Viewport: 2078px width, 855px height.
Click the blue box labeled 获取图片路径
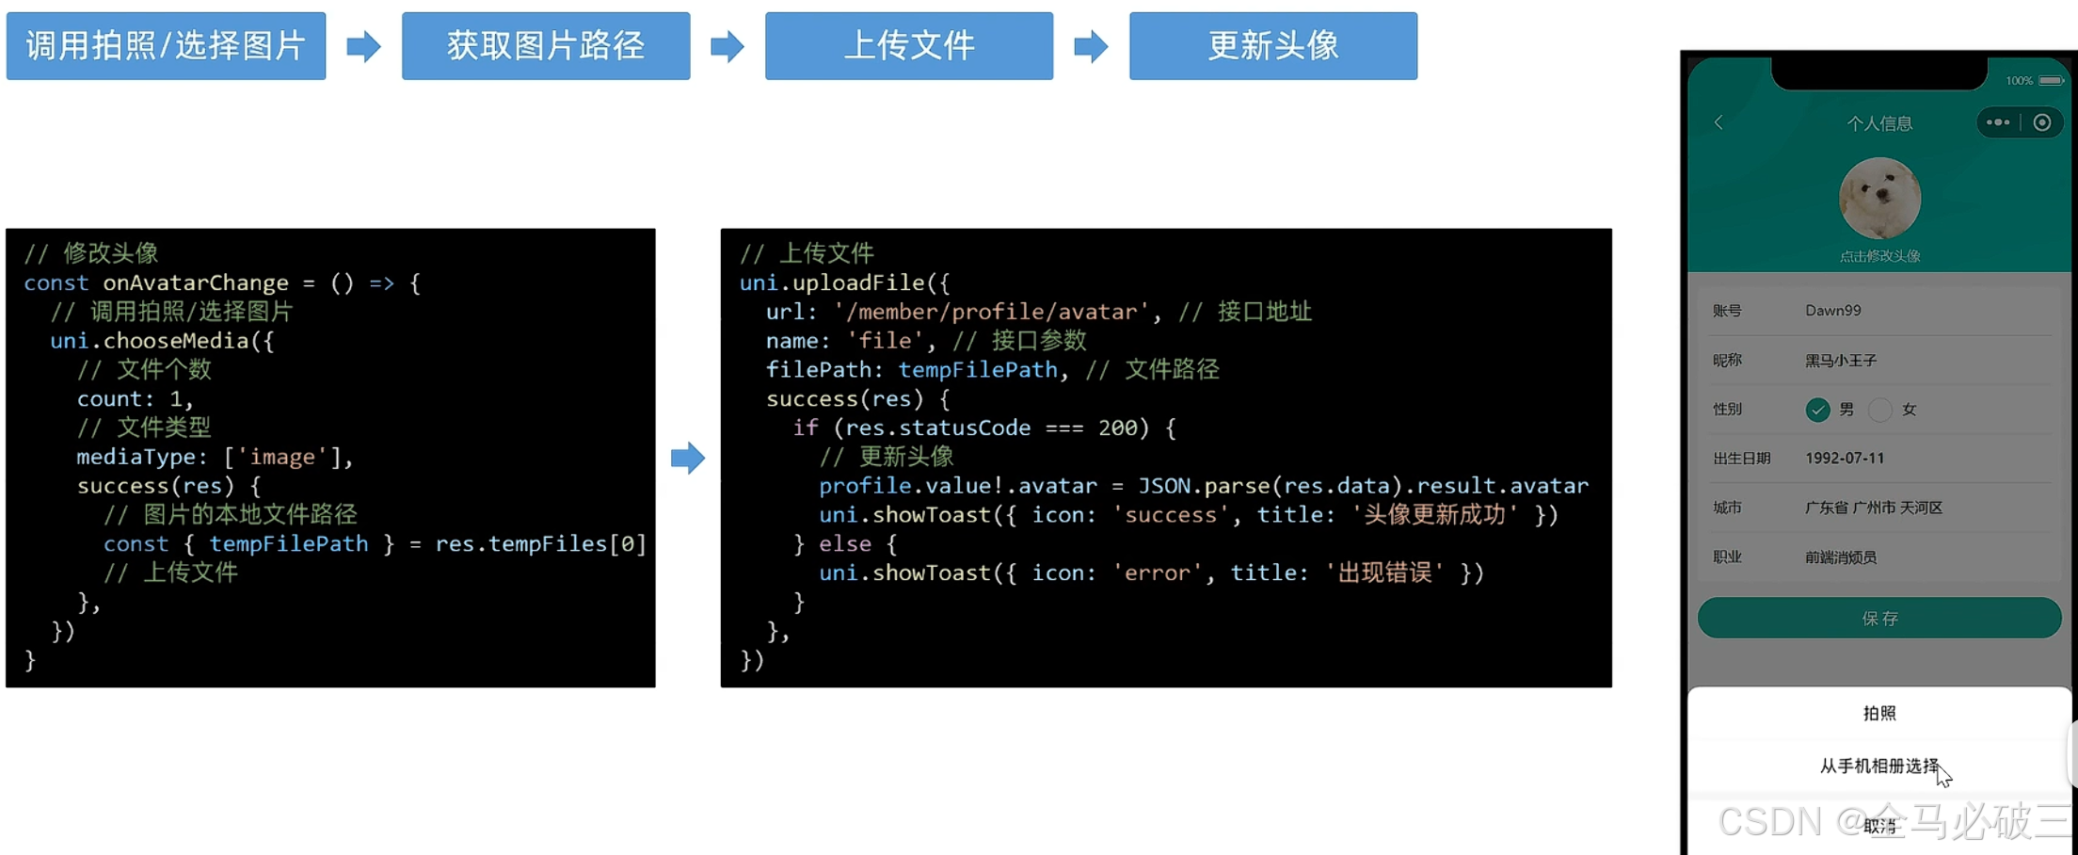click(x=545, y=46)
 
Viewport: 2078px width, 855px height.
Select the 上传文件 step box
click(x=908, y=46)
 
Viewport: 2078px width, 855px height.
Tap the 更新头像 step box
click(x=1272, y=46)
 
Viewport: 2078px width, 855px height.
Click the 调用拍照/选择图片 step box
click(x=166, y=46)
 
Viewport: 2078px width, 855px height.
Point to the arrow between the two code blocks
click(x=687, y=459)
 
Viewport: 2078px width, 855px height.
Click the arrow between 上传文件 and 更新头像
click(x=1091, y=46)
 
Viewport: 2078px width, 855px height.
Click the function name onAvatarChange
click(x=196, y=283)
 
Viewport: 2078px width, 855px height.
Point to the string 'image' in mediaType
click(x=281, y=458)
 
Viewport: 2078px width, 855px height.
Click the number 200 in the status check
click(x=1118, y=428)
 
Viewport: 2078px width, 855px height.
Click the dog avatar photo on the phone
click(x=1879, y=199)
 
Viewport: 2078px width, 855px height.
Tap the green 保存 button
click(x=1879, y=618)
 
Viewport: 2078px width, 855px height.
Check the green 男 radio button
click(x=1817, y=410)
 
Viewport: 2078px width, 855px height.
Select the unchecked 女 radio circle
click(x=1880, y=410)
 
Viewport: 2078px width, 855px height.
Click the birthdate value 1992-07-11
click(x=1845, y=459)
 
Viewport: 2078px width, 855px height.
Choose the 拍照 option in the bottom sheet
click(x=1879, y=713)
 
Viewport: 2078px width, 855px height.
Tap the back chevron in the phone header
click(x=1718, y=122)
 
